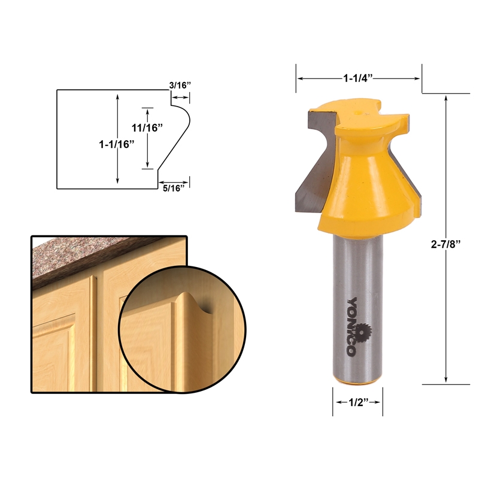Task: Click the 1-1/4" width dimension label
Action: tap(358, 78)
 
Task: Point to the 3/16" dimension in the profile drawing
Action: tap(180, 85)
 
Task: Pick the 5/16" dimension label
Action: tap(174, 189)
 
